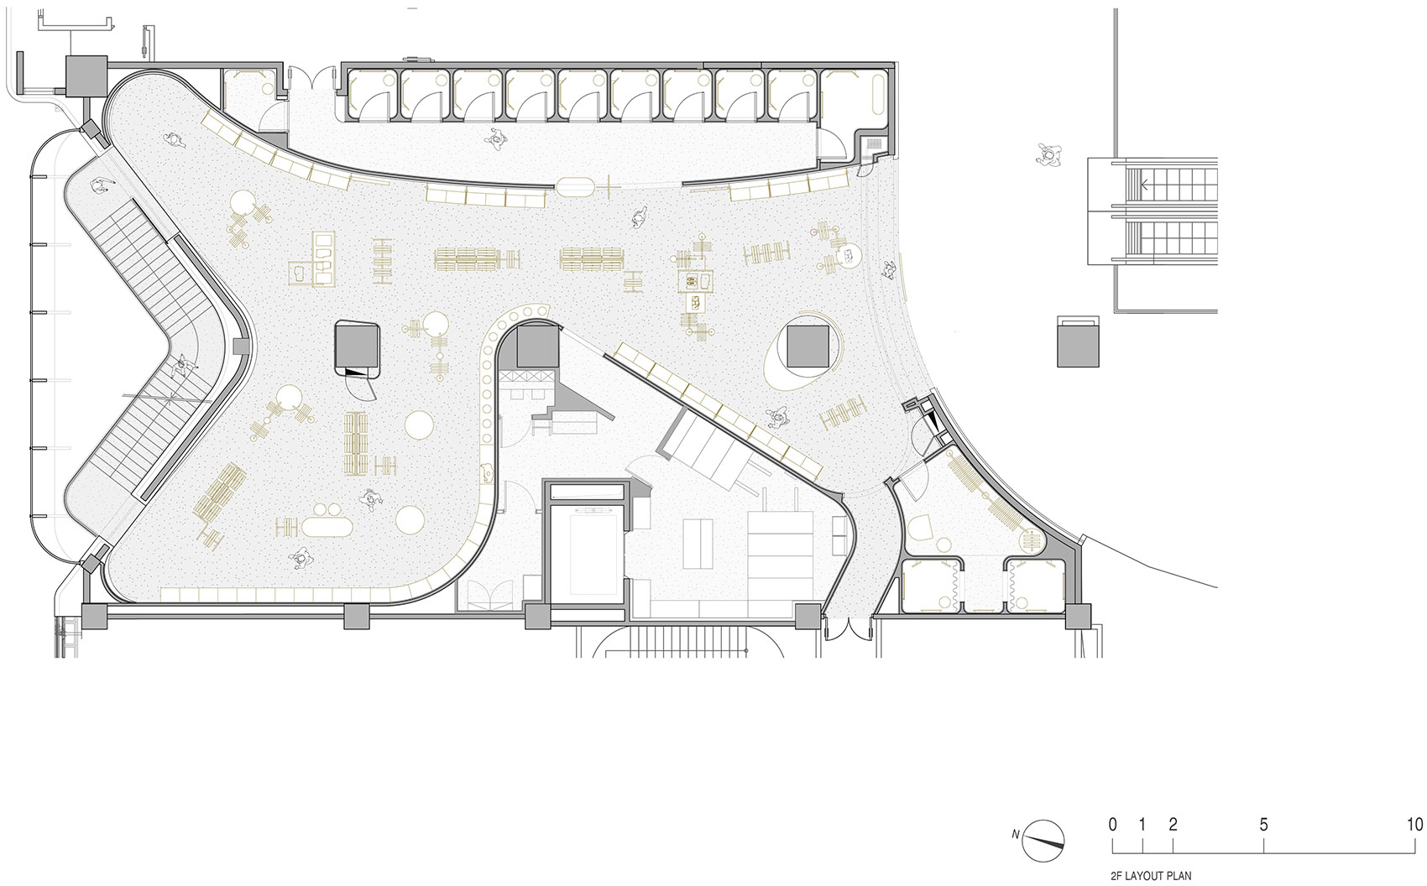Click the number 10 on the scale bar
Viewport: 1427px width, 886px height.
pos(1414,824)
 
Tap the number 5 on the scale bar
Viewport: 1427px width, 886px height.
pos(1264,825)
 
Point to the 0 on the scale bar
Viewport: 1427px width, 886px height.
pos(1112,824)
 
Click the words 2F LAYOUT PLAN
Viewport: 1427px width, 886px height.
pos(1151,877)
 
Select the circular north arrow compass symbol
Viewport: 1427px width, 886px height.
pos(1043,841)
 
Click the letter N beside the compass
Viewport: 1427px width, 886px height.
pos(1016,835)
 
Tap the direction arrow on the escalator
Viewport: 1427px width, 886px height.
pos(1145,185)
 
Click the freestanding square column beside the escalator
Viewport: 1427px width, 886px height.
pos(1078,342)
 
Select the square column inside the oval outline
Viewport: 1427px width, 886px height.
pos(808,346)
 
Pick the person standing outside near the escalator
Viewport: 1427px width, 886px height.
pos(1048,154)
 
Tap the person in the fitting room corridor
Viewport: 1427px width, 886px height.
pos(495,137)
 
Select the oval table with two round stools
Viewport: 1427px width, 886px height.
pos(327,523)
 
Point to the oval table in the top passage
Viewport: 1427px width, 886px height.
pos(575,186)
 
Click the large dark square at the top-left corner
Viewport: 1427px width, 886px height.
pos(86,76)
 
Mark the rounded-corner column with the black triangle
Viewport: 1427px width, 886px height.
pos(358,350)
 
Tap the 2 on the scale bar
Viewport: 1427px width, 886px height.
pos(1173,824)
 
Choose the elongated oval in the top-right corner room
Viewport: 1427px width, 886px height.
pos(879,95)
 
